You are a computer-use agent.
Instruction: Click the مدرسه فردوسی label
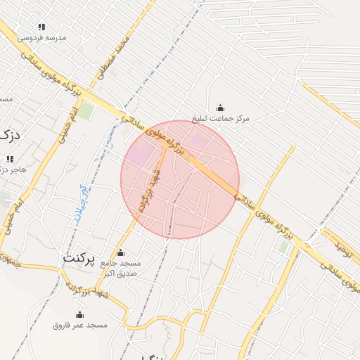point(42,37)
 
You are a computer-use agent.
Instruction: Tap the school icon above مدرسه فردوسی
point(43,27)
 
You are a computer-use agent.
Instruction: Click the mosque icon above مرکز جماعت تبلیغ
point(221,108)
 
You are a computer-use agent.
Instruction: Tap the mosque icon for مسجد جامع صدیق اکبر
point(120,252)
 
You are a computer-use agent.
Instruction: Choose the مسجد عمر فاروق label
point(79,325)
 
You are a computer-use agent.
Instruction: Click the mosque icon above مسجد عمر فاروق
point(79,314)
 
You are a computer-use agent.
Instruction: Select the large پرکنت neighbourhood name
point(79,258)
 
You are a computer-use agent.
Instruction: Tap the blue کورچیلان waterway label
point(81,204)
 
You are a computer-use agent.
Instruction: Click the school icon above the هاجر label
point(10,159)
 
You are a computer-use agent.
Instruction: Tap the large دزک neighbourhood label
point(8,134)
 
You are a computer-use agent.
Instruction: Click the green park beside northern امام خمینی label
point(85,110)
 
